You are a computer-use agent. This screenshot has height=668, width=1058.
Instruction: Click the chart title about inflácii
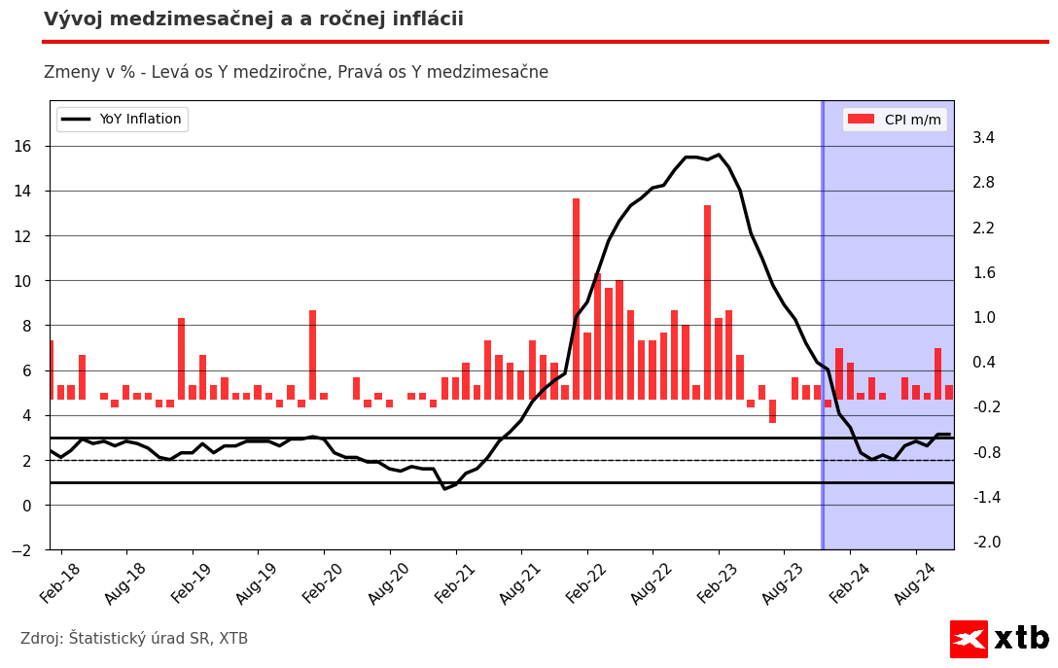pyautogui.click(x=254, y=19)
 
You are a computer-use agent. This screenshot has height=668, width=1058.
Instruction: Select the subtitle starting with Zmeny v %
pyautogui.click(x=296, y=72)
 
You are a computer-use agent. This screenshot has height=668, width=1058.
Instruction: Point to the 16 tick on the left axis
pyautogui.click(x=22, y=146)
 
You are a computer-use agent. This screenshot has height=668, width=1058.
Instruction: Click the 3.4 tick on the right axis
pyautogui.click(x=983, y=138)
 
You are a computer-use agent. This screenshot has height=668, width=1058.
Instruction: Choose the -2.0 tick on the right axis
pyautogui.click(x=983, y=543)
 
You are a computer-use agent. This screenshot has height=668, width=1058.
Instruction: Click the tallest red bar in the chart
pyautogui.click(x=576, y=292)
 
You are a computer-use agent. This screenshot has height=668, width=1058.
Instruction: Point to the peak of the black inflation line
pyautogui.click(x=719, y=155)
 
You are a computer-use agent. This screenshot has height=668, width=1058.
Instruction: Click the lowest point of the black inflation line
pyautogui.click(x=444, y=488)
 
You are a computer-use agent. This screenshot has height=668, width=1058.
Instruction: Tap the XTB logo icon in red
pyautogui.click(x=969, y=639)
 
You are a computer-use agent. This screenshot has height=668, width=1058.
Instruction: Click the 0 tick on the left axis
pyautogui.click(x=26, y=506)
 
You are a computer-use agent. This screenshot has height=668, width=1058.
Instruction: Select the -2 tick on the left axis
pyautogui.click(x=22, y=550)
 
